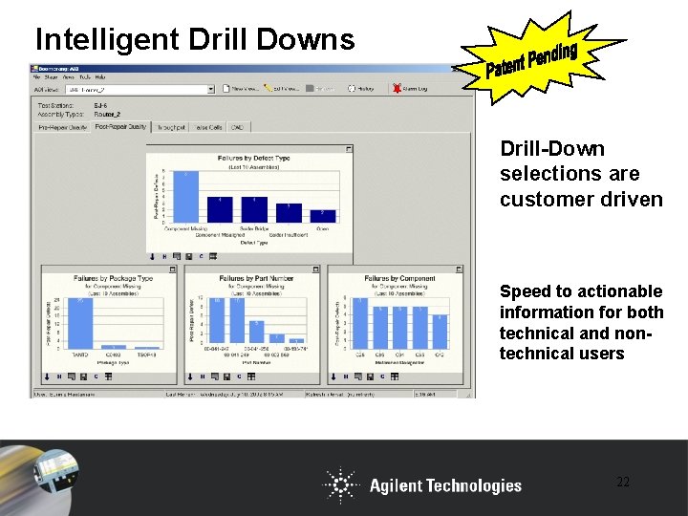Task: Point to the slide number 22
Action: [622, 483]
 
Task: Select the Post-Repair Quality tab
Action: [120, 126]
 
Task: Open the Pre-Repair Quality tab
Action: [63, 126]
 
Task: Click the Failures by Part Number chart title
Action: [256, 279]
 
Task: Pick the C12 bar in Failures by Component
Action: [439, 330]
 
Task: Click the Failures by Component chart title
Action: [399, 279]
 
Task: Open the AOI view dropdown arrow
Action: [210, 89]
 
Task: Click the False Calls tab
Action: [208, 126]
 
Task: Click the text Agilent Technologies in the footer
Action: [445, 485]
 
